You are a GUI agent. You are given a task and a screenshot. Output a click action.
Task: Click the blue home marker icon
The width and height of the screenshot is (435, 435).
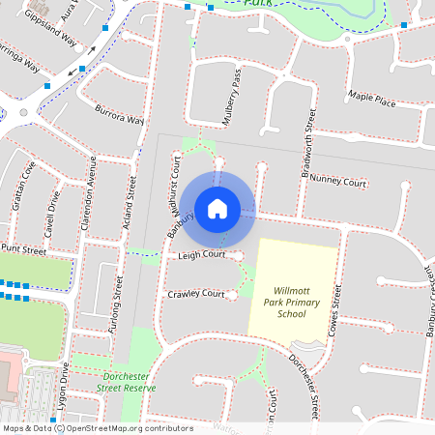point(217,208)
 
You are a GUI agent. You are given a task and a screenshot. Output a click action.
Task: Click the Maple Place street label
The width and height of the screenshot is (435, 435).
point(372,100)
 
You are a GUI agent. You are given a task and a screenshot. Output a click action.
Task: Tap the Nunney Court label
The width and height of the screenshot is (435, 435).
point(339,181)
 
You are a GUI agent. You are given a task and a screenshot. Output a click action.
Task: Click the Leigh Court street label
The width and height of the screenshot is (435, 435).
point(201,255)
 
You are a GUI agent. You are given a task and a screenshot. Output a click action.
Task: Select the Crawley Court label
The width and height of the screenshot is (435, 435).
point(195,294)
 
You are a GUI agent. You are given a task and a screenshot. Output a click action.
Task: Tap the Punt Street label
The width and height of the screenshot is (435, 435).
point(23,249)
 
